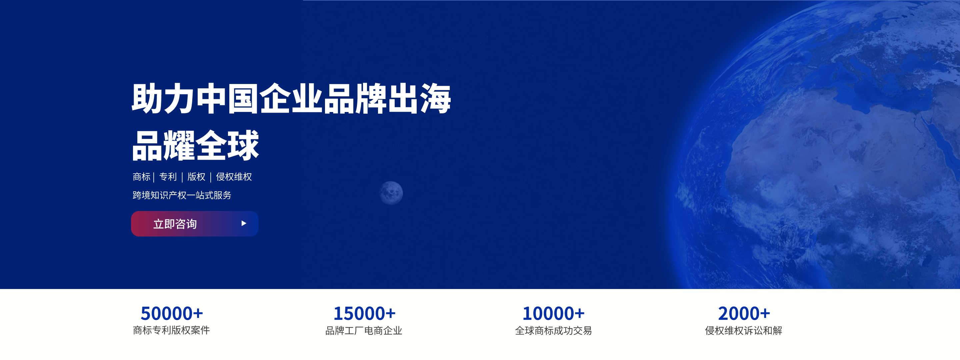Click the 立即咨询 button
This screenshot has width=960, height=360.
(x=195, y=224)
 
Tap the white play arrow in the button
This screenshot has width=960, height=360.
(x=244, y=223)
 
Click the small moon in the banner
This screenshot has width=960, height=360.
(x=391, y=193)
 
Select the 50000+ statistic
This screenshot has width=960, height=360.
(x=172, y=313)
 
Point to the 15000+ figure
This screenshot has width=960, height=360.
(x=364, y=313)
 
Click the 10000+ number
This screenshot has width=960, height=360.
(x=553, y=313)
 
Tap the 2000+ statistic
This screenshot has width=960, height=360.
(x=744, y=313)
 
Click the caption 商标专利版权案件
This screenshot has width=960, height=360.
(x=171, y=330)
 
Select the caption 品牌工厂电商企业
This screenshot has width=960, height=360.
(x=364, y=331)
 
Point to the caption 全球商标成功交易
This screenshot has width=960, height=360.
(x=553, y=331)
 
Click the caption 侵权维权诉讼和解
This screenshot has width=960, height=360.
(x=743, y=331)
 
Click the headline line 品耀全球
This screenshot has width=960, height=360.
(x=196, y=145)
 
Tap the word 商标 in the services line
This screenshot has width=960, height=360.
(x=142, y=177)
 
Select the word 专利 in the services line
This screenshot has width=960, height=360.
(x=168, y=177)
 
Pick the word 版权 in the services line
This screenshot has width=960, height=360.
(x=196, y=177)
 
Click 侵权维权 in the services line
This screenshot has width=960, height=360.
(x=234, y=177)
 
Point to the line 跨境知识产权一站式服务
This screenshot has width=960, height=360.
(x=182, y=195)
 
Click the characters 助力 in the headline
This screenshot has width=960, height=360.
(x=163, y=98)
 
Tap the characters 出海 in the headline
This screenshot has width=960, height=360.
(x=420, y=98)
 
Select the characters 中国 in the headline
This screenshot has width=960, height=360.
(x=227, y=98)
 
